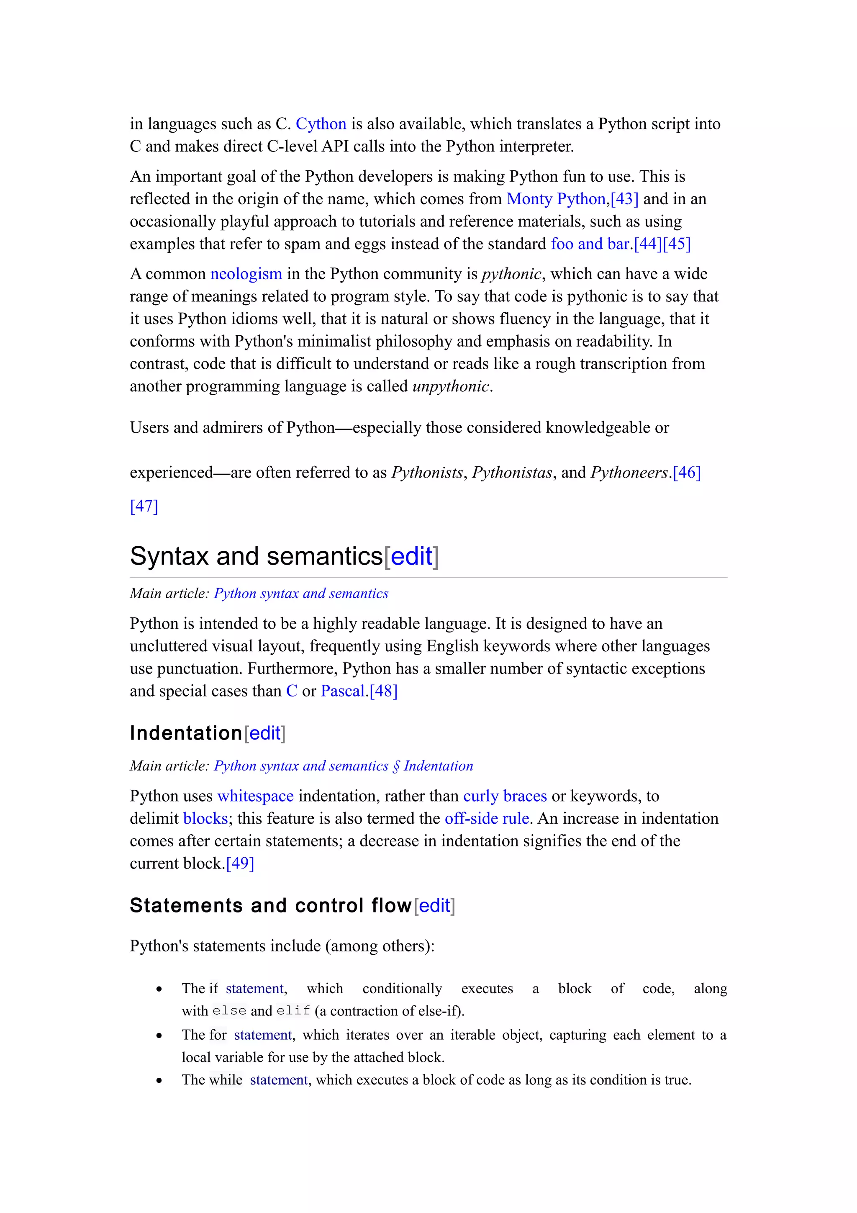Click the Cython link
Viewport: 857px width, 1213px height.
[321, 123]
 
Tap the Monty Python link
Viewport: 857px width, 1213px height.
[555, 199]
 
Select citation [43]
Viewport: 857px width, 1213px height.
[624, 199]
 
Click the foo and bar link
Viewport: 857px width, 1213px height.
[590, 244]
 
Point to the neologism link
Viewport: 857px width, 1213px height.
[246, 274]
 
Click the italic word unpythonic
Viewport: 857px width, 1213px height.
[450, 386]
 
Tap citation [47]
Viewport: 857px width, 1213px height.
[144, 506]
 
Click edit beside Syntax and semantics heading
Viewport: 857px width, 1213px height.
[411, 556]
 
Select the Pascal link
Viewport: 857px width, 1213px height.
[343, 691]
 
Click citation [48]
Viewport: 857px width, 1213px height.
[383, 691]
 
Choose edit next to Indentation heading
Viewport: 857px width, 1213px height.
[264, 733]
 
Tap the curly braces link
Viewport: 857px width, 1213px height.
[505, 796]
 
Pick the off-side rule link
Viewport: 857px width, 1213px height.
[486, 818]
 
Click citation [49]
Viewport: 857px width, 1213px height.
[240, 863]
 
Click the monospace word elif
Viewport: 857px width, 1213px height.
[293, 1011]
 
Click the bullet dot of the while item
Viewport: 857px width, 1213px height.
[159, 1081]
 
